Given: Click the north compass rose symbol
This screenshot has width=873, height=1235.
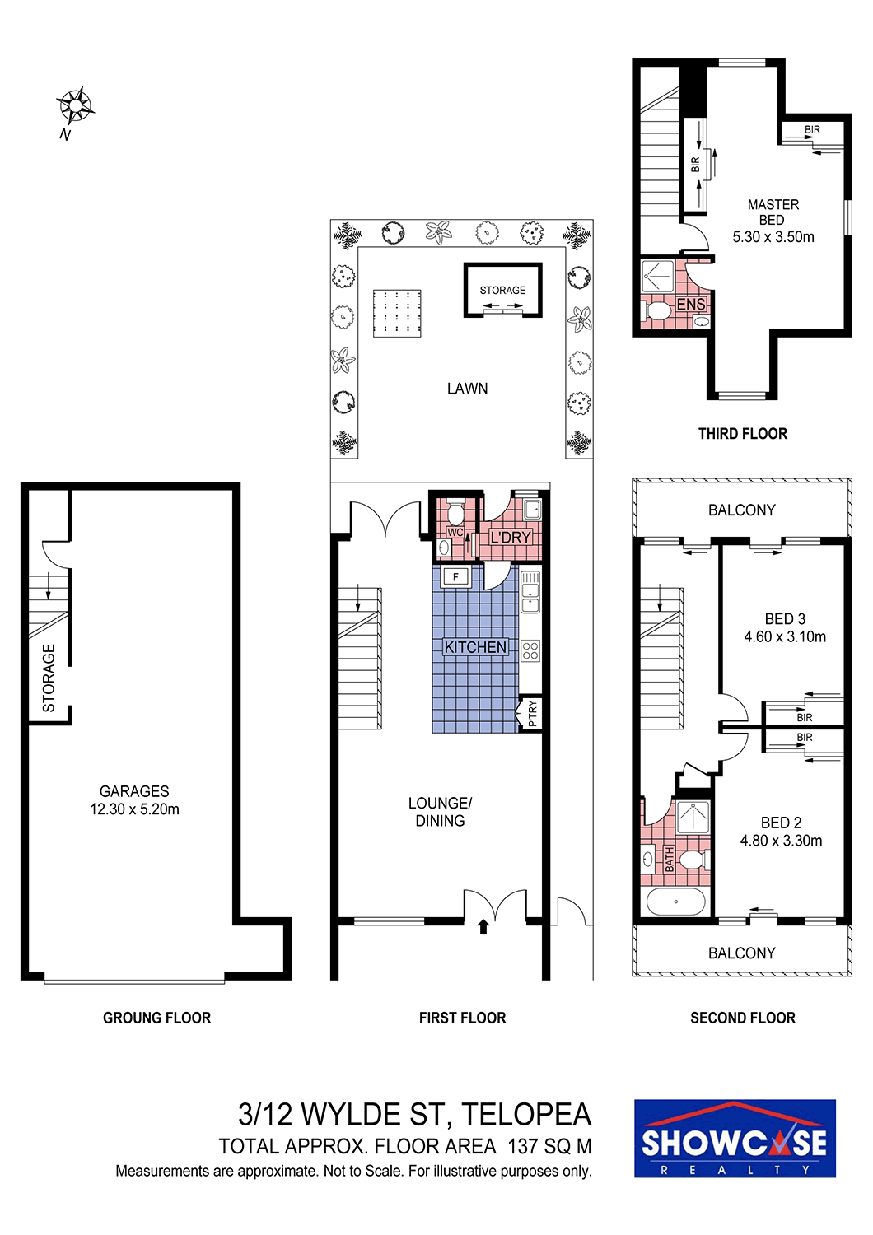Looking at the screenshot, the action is [x=75, y=105].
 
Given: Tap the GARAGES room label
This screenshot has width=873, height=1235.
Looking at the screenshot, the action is [x=134, y=791].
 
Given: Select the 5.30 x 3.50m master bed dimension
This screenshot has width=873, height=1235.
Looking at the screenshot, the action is [x=773, y=237].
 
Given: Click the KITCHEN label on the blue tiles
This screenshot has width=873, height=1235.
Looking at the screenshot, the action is [x=475, y=646].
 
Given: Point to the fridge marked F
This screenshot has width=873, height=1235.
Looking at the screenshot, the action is [x=455, y=577].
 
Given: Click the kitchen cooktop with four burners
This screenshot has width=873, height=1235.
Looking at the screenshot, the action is [x=530, y=650].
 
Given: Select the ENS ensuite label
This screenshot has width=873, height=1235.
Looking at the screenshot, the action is [x=691, y=304].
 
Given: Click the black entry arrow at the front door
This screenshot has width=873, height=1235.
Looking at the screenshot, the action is [x=483, y=926].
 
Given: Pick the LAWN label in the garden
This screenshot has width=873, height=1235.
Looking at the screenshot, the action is [x=467, y=389].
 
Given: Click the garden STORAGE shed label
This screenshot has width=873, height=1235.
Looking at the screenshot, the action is [x=502, y=290].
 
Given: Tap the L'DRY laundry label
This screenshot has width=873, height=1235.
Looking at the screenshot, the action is [x=511, y=537].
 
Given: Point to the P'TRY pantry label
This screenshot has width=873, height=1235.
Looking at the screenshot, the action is [x=532, y=714].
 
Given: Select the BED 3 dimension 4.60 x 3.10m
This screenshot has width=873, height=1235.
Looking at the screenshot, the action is [x=785, y=636].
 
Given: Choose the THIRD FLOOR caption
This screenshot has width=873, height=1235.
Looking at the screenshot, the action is [x=742, y=434].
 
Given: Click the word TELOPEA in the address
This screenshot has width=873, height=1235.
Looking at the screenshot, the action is [x=526, y=1114].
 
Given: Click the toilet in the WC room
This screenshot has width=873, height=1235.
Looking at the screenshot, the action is [x=455, y=513].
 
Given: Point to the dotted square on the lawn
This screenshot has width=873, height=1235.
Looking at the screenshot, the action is [x=397, y=313].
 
